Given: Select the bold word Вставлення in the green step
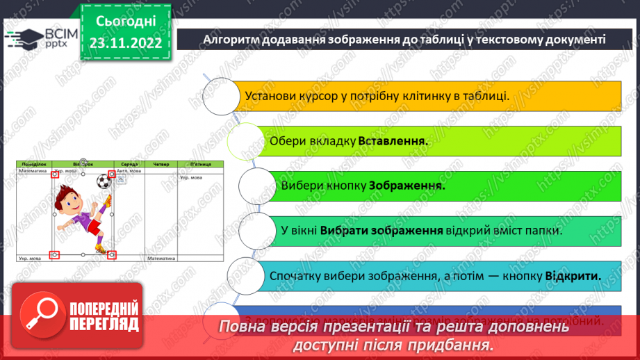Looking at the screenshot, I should [393, 140].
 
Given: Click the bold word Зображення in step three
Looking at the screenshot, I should [407, 186].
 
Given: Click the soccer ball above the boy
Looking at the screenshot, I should [103, 182].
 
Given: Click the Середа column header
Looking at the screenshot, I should [127, 164].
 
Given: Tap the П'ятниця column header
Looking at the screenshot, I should [201, 164].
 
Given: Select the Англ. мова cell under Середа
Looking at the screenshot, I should [128, 170].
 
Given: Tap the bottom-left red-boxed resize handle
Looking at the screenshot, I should [56, 254].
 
